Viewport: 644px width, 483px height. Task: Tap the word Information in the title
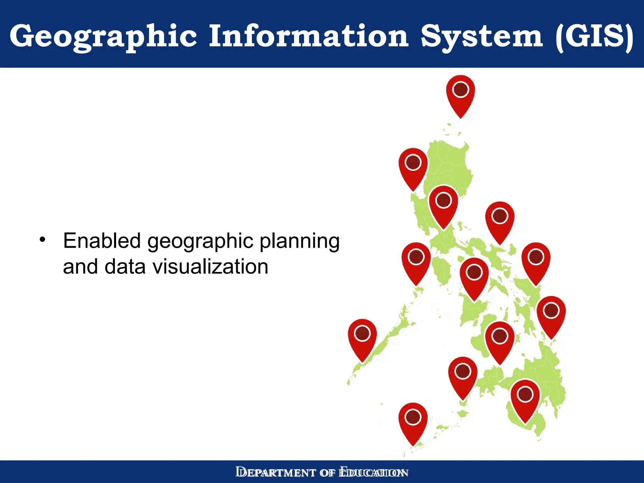point(309,36)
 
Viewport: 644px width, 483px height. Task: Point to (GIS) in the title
point(595,36)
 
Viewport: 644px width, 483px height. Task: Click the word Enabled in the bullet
point(102,241)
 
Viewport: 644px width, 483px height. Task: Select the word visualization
point(210,267)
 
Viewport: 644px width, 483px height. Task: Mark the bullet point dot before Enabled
point(43,240)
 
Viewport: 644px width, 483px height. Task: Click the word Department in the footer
point(275,473)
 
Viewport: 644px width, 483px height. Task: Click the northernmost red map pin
point(460,95)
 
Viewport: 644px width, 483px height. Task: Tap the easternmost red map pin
point(551,316)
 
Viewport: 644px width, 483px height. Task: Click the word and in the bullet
point(80,267)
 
